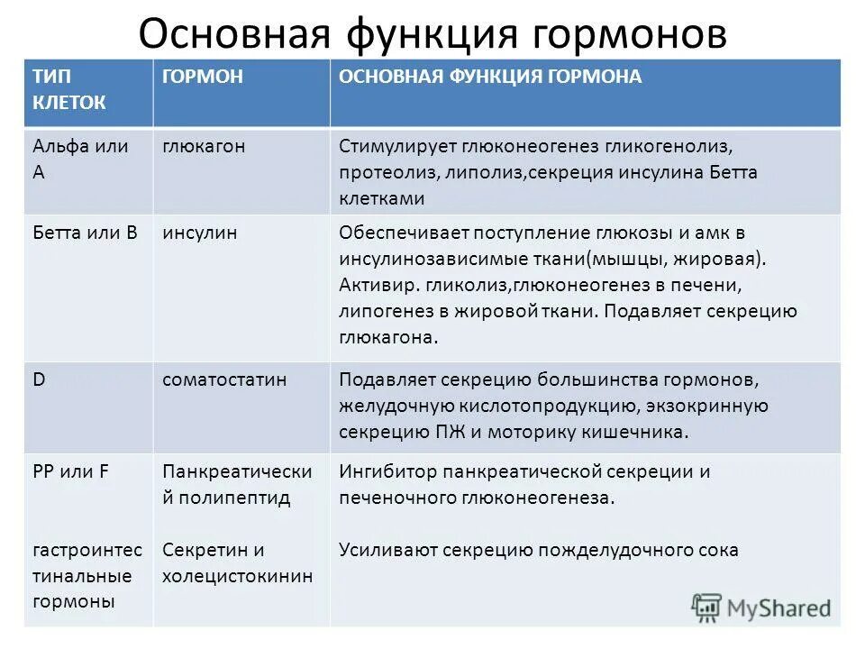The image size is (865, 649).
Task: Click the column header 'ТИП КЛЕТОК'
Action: (x=69, y=89)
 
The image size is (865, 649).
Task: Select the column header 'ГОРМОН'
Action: (x=203, y=77)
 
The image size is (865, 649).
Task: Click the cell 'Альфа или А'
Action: (x=80, y=159)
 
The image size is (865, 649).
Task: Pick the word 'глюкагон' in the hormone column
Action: (x=204, y=146)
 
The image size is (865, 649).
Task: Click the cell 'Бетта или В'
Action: (x=86, y=233)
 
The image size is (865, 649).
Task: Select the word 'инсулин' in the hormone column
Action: (x=200, y=233)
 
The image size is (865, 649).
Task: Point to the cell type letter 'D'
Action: (x=40, y=379)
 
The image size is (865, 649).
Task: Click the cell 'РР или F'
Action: (x=71, y=471)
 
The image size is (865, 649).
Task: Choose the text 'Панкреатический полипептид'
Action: (x=237, y=484)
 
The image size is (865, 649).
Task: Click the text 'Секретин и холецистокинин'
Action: (x=237, y=563)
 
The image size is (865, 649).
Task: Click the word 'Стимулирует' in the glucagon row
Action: (x=397, y=146)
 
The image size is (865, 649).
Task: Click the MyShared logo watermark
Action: (x=761, y=607)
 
